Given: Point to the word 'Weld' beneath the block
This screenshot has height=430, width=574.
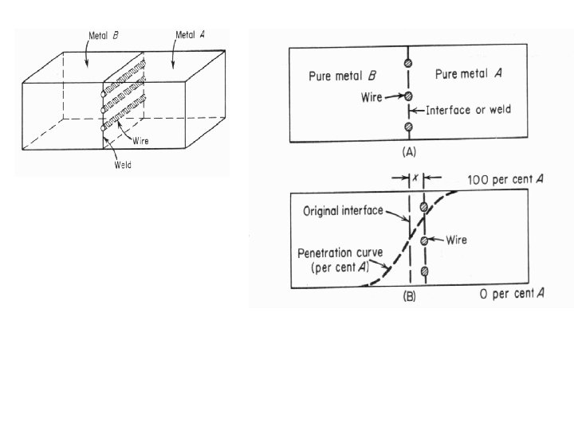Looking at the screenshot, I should pyautogui.click(x=122, y=166).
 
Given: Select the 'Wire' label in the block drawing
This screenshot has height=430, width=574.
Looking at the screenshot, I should pyautogui.click(x=142, y=141).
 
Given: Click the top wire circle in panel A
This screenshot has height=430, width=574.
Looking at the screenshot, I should pyautogui.click(x=408, y=64).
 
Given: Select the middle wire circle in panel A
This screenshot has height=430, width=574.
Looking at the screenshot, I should pyautogui.click(x=408, y=96).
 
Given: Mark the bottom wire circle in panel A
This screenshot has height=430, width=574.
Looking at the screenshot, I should pyautogui.click(x=408, y=127).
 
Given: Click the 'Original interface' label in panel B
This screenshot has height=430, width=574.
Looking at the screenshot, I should pyautogui.click(x=342, y=212).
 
